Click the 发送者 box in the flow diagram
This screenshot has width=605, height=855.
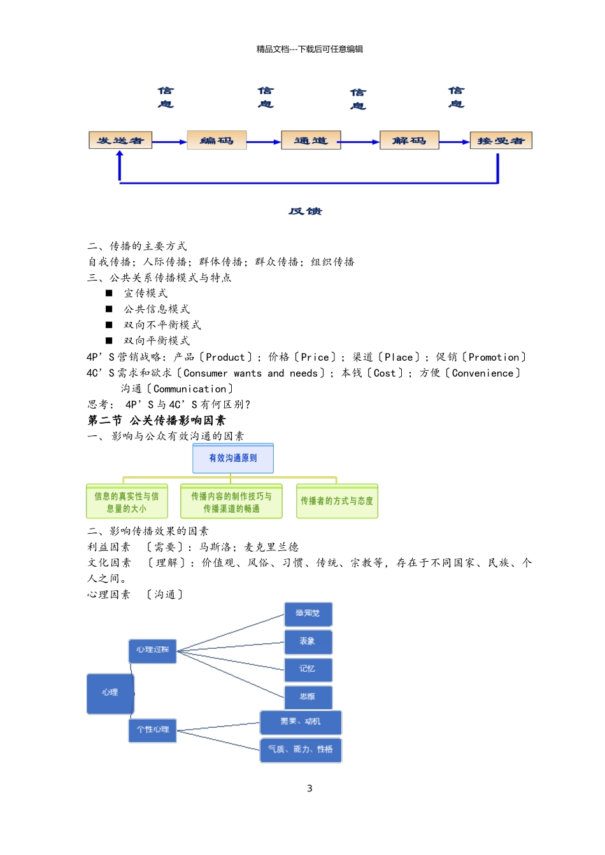click(x=120, y=141)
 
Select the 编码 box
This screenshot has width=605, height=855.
click(x=217, y=141)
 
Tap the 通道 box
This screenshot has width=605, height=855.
click(x=311, y=141)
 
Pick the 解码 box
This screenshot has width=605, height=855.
click(x=409, y=141)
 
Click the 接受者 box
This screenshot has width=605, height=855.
click(x=501, y=141)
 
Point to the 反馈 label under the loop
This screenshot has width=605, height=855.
click(x=306, y=211)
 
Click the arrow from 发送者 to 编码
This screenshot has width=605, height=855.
click(x=169, y=142)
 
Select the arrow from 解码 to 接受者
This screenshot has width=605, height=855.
click(x=454, y=142)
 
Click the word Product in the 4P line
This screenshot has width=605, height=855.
click(x=225, y=358)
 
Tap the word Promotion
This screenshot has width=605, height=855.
click(x=494, y=358)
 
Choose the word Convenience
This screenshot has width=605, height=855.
click(x=483, y=373)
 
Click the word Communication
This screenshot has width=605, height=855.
click(x=190, y=389)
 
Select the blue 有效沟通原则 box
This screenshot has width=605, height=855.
click(x=233, y=459)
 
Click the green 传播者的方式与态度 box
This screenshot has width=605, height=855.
click(x=337, y=501)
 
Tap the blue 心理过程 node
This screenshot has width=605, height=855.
click(x=152, y=650)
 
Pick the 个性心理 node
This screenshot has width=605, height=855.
click(x=152, y=730)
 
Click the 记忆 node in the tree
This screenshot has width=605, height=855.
click(x=308, y=669)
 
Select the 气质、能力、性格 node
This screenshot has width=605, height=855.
click(x=301, y=750)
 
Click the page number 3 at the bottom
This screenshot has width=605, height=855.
click(x=310, y=789)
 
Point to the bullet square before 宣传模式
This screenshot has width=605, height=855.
click(x=109, y=293)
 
